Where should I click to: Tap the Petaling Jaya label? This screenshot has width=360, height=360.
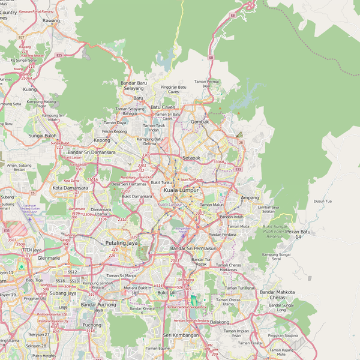(121, 243)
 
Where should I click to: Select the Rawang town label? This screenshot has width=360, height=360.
(52, 20)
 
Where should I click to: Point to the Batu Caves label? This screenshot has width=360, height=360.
(163, 107)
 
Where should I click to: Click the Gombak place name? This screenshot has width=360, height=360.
(200, 121)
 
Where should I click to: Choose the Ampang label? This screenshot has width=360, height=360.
(249, 197)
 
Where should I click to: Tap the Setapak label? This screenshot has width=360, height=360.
(191, 158)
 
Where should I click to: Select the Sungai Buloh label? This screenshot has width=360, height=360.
(43, 136)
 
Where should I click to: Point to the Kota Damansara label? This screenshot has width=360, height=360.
(70, 188)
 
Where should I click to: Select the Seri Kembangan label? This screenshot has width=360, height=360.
(181, 335)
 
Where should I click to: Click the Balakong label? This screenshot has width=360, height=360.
(220, 322)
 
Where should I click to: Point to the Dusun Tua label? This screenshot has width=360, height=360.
(322, 202)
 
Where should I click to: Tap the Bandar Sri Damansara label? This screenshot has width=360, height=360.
(91, 152)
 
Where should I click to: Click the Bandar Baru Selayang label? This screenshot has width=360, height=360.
(134, 86)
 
